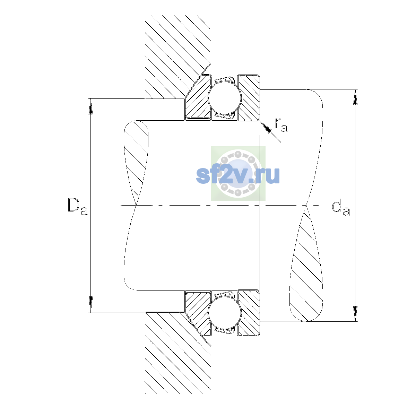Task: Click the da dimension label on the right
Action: [x=341, y=208]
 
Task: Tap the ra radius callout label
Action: [x=281, y=125]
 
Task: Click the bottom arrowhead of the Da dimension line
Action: [x=91, y=304]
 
